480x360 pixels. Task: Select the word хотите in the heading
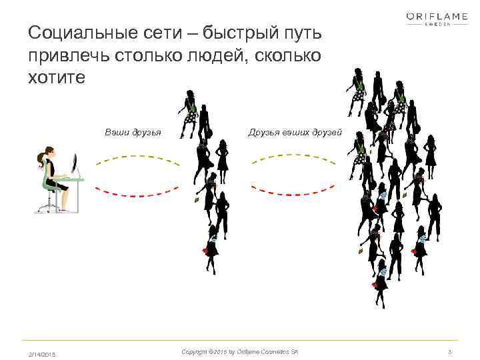coord(57,77)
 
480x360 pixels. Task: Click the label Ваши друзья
coord(133,132)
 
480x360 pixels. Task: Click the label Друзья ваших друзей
coord(295,132)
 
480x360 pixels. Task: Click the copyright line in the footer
coord(240,351)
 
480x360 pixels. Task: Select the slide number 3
coord(451,351)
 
